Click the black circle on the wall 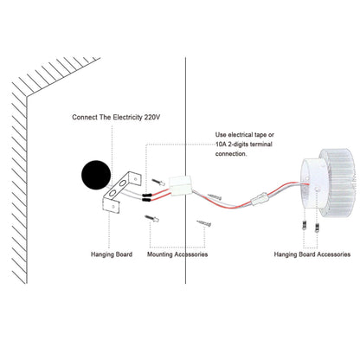pyautogui.click(x=96, y=175)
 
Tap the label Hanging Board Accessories pyautogui.click(x=312, y=254)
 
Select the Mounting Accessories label pyautogui.click(x=177, y=254)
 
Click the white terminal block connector pyautogui.click(x=181, y=186)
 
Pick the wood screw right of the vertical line pyautogui.click(x=204, y=223)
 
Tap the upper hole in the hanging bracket pyautogui.click(x=122, y=183)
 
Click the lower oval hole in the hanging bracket pyautogui.click(x=112, y=193)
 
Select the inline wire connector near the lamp pyautogui.click(x=259, y=199)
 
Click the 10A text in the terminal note pyautogui.click(x=220, y=145)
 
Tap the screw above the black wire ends pyautogui.click(x=157, y=182)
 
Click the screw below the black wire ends pyautogui.click(x=151, y=218)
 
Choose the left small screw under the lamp pyautogui.click(x=304, y=225)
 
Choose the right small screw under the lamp pyautogui.click(x=317, y=227)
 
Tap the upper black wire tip pyautogui.click(x=146, y=195)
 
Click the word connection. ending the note pyautogui.click(x=231, y=154)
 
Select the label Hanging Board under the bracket pyautogui.click(x=112, y=254)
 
